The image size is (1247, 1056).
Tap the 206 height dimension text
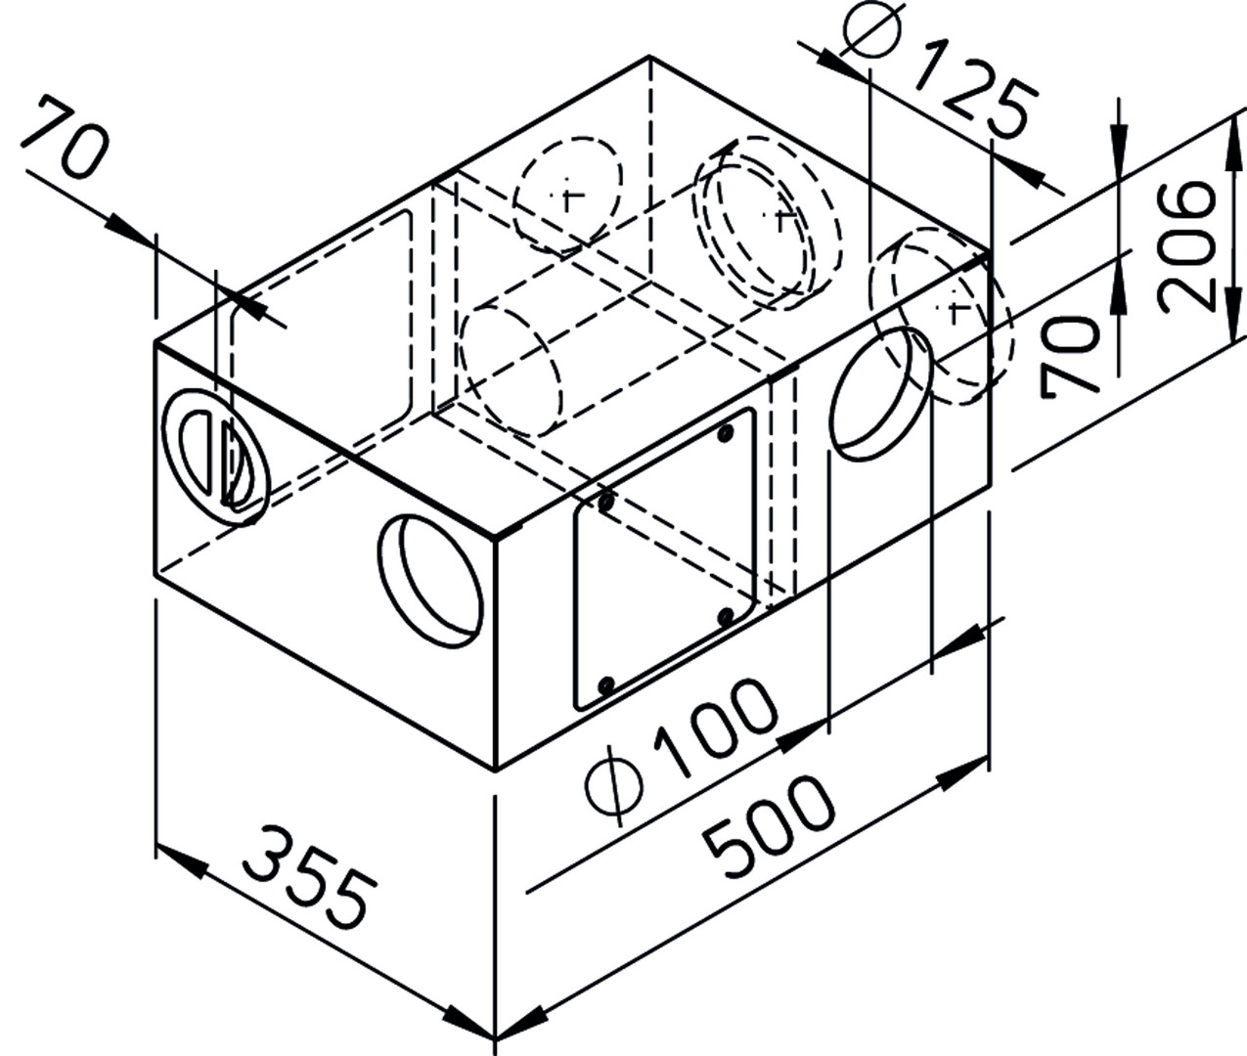pyautogui.click(x=1185, y=246)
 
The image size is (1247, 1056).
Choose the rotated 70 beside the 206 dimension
pyautogui.click(x=1069, y=357)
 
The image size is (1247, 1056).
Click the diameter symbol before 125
pyautogui.click(x=871, y=28)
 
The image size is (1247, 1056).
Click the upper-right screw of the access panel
pyautogui.click(x=726, y=432)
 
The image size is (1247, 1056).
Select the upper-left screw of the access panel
pyautogui.click(x=605, y=502)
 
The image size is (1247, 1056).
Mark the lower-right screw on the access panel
pyautogui.click(x=727, y=616)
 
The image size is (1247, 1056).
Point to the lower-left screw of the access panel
pyautogui.click(x=605, y=684)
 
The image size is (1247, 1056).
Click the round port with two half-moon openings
pyautogui.click(x=215, y=457)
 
